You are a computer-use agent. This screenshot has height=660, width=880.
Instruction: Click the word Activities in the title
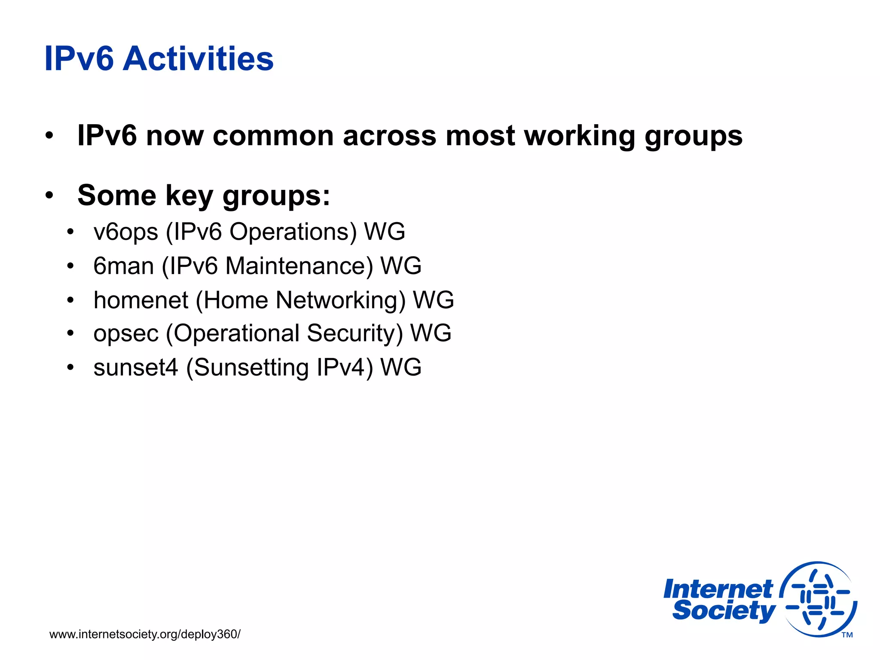tap(198, 59)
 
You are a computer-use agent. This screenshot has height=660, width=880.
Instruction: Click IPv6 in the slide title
tap(79, 59)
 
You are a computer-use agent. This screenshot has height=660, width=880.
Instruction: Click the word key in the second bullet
tap(189, 196)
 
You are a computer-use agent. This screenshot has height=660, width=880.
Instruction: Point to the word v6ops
tap(125, 232)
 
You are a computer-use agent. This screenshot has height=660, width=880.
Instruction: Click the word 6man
tap(123, 266)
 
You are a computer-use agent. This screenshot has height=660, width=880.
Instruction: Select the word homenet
tap(141, 300)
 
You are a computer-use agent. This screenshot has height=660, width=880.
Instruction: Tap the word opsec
tap(126, 334)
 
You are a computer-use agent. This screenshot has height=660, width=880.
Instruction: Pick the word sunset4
tap(135, 367)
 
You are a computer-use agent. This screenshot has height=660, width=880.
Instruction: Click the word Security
tap(354, 334)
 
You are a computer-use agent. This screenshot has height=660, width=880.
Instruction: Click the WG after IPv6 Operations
tap(385, 232)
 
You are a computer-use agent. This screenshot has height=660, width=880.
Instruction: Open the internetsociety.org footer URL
tap(145, 634)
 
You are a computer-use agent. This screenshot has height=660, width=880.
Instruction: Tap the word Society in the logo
tap(724, 611)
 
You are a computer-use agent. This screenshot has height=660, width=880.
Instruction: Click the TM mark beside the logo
tap(847, 635)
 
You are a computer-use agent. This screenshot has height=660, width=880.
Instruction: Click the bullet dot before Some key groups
tap(49, 196)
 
